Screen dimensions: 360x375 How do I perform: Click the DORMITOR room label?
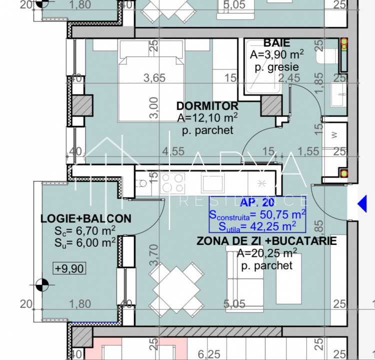click(x=207, y=106)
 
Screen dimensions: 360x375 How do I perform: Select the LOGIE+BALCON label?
click(x=85, y=218)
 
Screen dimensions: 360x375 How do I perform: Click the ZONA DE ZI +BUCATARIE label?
click(x=266, y=241)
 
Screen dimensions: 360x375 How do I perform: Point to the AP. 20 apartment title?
click(x=257, y=202)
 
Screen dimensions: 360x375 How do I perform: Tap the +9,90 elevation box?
click(x=70, y=268)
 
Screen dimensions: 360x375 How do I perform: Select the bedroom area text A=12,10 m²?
click(x=207, y=118)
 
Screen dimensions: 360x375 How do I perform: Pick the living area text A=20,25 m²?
click(x=266, y=253)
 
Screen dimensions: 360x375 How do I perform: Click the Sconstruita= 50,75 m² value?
click(x=257, y=215)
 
